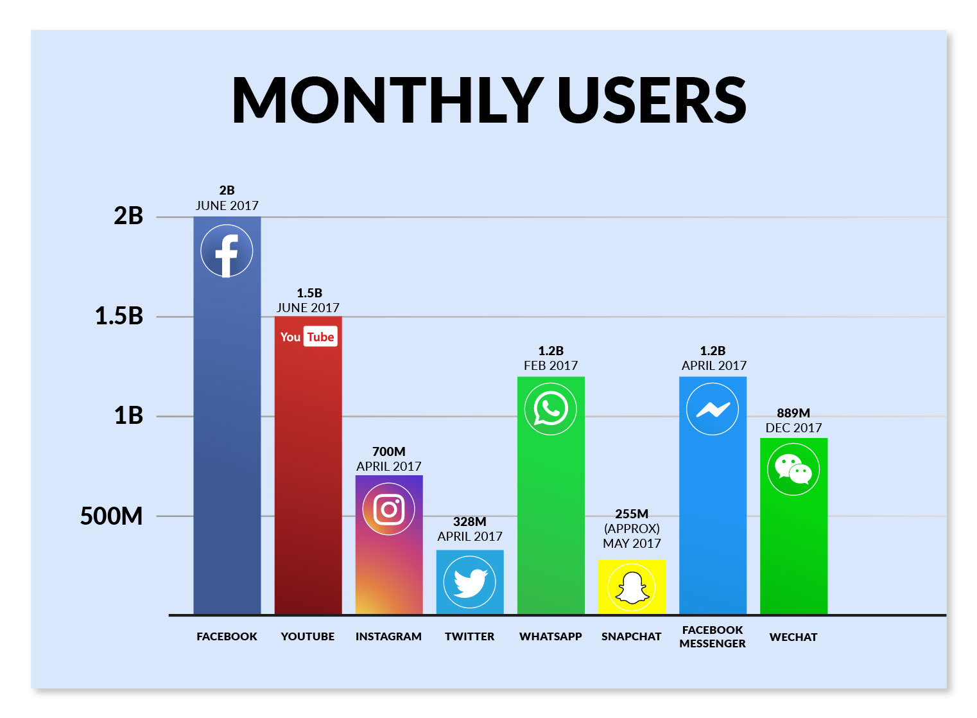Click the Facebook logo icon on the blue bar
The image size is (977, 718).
[227, 251]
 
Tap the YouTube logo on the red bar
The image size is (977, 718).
[307, 337]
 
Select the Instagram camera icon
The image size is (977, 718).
[388, 509]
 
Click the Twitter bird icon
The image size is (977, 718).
[469, 582]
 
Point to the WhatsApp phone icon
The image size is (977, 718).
[551, 408]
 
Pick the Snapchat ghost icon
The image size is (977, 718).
[632, 587]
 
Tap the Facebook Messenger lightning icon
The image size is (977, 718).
[713, 409]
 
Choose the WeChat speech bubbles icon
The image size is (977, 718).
[793, 469]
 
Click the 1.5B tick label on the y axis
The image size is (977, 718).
[119, 316]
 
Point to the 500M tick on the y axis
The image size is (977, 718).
[111, 516]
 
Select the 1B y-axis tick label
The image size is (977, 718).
[128, 416]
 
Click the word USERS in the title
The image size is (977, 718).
[652, 100]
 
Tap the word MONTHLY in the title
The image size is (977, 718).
[387, 100]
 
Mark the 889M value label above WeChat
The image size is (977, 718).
[793, 413]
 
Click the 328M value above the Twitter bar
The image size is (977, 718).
[469, 521]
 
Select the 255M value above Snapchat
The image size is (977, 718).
[632, 514]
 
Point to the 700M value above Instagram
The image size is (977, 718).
[388, 451]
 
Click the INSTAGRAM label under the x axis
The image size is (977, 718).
[388, 636]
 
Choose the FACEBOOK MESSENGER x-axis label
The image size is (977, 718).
[713, 636]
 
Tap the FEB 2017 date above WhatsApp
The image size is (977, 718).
[551, 365]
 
